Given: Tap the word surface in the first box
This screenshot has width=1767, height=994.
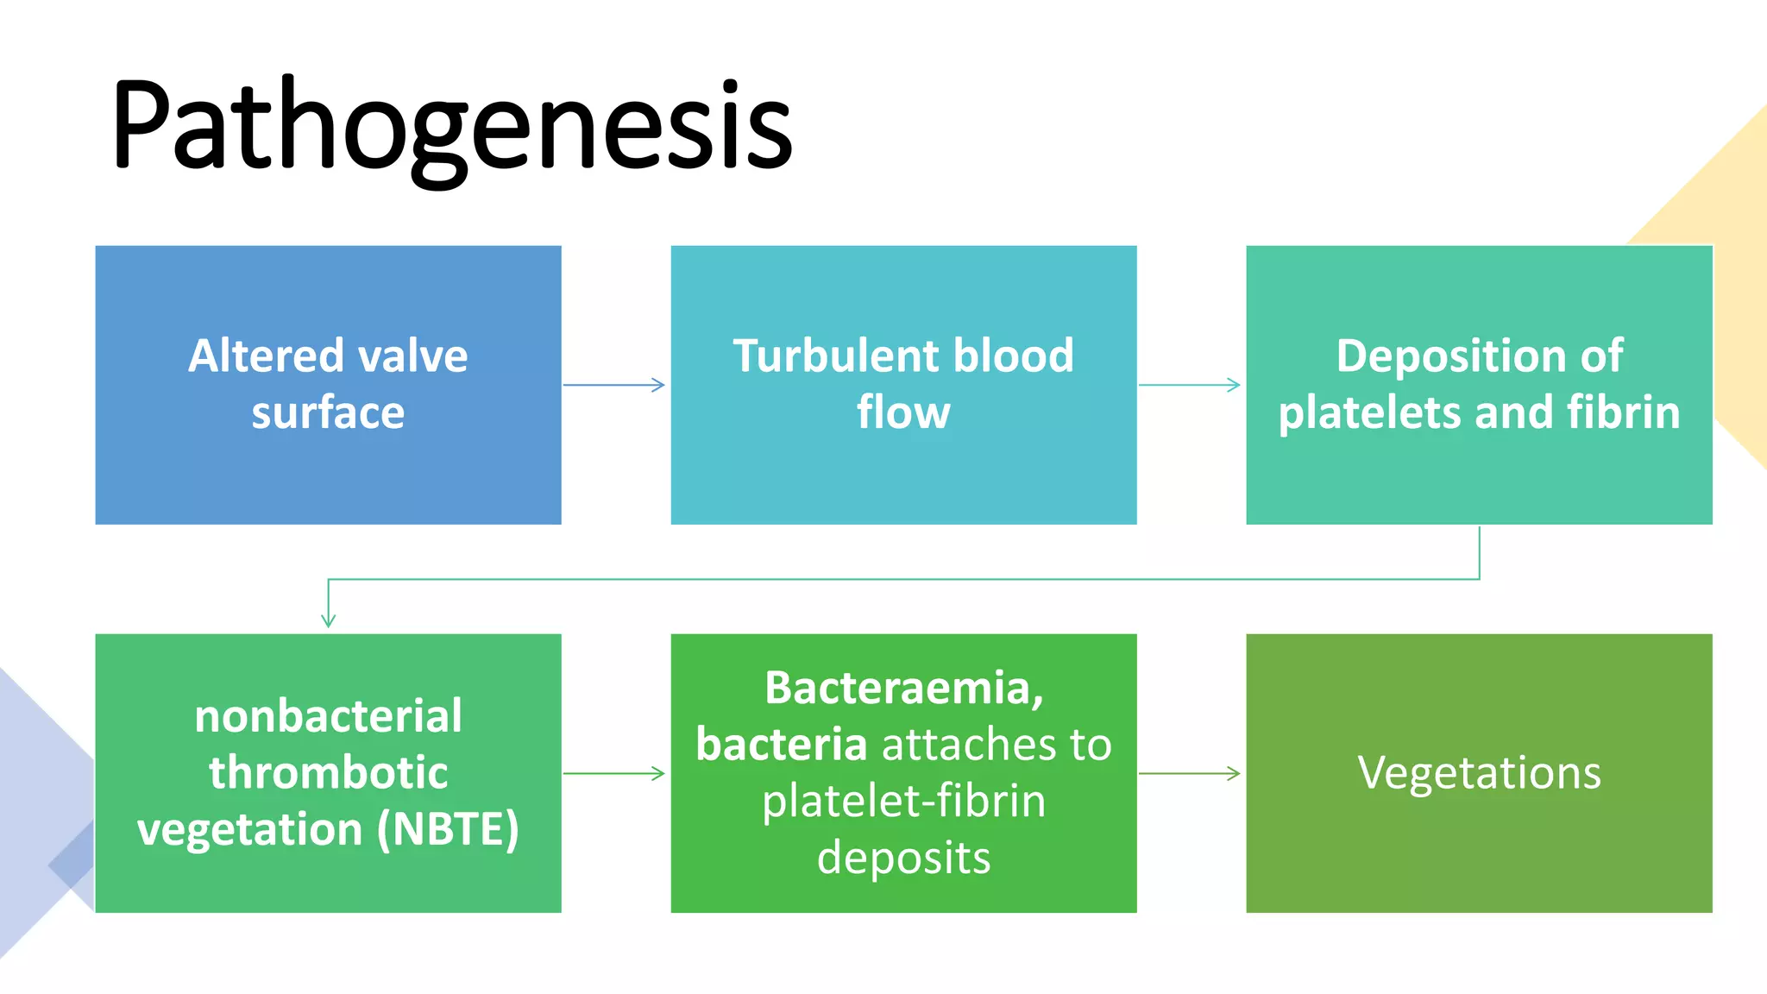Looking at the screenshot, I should [328, 412].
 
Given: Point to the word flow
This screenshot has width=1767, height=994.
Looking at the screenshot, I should [903, 412].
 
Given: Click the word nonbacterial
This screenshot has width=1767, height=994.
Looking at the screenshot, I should [328, 716].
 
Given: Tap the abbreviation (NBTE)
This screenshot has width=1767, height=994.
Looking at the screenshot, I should [448, 829].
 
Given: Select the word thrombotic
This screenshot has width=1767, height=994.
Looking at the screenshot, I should [328, 772].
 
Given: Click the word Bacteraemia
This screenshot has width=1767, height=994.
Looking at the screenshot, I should [903, 688].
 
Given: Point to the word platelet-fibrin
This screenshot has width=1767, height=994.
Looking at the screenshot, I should [903, 801].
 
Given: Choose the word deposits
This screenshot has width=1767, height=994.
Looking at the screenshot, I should [903, 858].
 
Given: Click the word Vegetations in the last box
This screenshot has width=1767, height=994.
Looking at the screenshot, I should [1479, 772].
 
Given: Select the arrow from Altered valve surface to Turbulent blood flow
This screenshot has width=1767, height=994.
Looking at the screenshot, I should [614, 385].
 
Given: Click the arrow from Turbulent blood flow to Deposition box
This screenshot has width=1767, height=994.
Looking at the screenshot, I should [1190, 385].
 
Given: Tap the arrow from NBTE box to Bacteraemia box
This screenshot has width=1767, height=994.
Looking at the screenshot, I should [614, 773].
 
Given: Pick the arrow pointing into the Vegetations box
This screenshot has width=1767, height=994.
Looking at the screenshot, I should [1190, 773].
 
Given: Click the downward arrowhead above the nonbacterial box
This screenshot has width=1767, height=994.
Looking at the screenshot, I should [328, 619].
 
